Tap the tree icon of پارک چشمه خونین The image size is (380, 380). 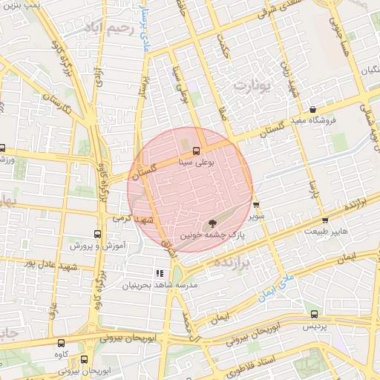(x=214, y=222)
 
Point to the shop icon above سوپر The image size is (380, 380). (x=256, y=205)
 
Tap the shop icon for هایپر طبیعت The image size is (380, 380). (x=325, y=220)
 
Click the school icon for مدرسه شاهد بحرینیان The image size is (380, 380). (x=160, y=273)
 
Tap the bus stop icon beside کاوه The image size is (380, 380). (x=61, y=343)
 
